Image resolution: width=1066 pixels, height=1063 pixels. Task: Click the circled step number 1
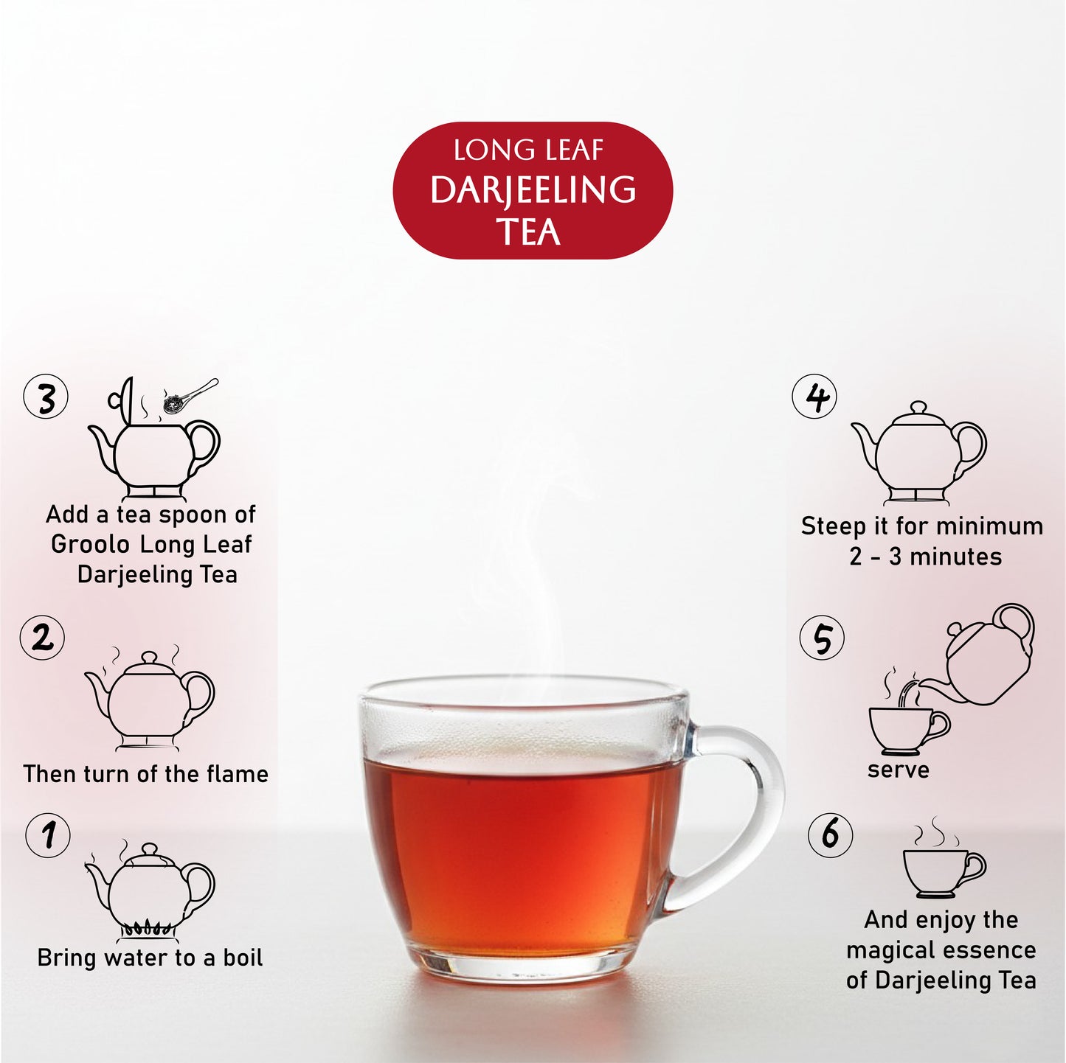48,835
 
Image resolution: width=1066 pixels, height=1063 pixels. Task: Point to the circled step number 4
814,397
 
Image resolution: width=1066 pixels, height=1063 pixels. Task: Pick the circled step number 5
822,638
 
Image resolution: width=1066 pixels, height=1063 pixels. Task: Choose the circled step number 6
830,835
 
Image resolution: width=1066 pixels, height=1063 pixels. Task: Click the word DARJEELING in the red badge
533,190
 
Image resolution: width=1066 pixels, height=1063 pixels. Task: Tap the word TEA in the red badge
528,232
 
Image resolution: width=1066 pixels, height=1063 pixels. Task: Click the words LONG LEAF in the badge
528,150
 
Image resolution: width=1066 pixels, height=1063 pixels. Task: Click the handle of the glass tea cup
745,811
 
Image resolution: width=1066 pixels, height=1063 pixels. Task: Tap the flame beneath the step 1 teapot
148,928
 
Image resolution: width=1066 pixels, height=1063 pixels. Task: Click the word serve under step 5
898,770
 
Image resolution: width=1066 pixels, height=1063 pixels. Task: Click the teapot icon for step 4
919,453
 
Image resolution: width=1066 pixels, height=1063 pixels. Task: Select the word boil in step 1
243,958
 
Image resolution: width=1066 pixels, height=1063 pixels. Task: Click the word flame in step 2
237,774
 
